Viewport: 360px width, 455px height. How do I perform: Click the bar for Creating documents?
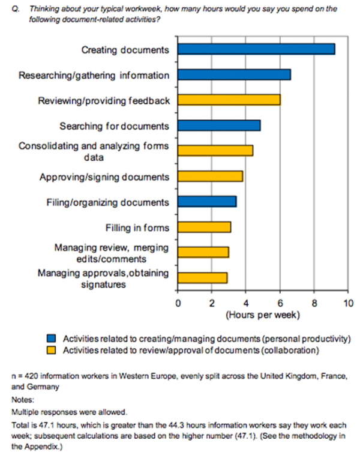pos(256,49)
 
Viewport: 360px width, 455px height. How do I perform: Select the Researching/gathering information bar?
pos(234,74)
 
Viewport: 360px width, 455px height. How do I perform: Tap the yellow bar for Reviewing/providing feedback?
pos(229,100)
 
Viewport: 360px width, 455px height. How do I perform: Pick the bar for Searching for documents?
pos(219,125)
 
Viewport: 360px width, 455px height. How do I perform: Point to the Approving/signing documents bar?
pos(211,176)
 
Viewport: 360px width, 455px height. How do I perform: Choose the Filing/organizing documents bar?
pos(207,202)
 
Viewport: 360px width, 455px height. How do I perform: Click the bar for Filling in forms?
pos(205,227)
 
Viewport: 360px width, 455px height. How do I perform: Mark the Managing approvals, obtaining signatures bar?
pos(203,278)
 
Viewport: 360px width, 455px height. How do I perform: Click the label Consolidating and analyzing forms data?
pos(94,151)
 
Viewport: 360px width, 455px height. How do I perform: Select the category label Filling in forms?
pos(137,227)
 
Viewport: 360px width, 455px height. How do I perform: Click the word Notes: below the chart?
pos(23,399)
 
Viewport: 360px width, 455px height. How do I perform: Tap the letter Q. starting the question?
pos(16,10)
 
